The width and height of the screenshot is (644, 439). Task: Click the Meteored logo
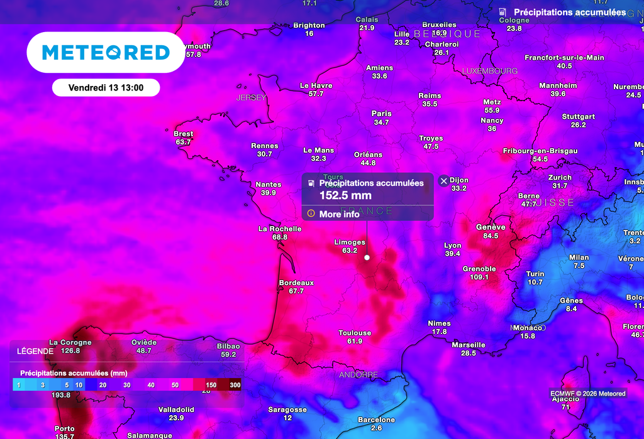click(106, 52)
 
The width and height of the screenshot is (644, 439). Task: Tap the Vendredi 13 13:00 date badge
click(106, 88)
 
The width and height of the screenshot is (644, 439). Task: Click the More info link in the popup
click(339, 214)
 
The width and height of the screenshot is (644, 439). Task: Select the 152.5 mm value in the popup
click(345, 195)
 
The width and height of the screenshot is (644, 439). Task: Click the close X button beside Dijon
click(443, 181)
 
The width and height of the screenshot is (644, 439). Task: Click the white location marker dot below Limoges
click(367, 257)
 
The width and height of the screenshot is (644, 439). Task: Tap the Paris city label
click(381, 114)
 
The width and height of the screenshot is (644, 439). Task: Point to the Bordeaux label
click(296, 283)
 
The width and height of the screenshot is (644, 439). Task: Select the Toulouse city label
click(355, 333)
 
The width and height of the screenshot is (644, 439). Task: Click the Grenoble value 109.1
click(479, 277)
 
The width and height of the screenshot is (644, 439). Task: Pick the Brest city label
click(183, 134)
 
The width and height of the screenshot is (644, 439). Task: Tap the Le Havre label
click(316, 85)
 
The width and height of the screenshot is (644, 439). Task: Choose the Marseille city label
click(469, 345)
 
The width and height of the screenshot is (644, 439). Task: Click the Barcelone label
click(376, 420)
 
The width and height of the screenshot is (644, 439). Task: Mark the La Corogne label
click(70, 342)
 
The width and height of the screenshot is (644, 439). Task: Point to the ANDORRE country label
click(358, 375)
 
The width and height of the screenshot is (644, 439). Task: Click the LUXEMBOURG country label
click(490, 71)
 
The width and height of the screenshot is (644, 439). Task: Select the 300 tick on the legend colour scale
click(235, 385)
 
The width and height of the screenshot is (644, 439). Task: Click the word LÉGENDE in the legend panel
click(35, 351)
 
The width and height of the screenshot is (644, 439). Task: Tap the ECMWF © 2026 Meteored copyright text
click(587, 394)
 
